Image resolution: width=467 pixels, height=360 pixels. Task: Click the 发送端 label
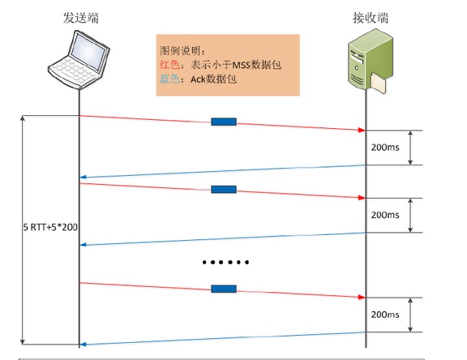click(81, 18)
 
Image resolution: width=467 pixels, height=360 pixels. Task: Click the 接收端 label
click(371, 18)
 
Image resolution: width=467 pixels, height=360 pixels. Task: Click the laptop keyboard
click(72, 71)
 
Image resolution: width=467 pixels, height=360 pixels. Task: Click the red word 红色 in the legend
click(169, 65)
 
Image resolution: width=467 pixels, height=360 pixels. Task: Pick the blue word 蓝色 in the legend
click(169, 79)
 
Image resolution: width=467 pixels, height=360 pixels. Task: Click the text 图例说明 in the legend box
click(180, 51)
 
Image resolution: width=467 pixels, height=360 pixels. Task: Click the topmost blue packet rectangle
click(224, 122)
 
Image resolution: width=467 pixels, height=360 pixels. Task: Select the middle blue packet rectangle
click(224, 190)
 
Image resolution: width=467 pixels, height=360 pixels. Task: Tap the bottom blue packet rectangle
click(224, 289)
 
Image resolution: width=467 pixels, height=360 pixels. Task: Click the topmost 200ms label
click(385, 148)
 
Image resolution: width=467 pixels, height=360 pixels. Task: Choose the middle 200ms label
click(385, 215)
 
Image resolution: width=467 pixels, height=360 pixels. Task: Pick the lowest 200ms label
click(385, 315)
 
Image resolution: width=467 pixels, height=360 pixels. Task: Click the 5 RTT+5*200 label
click(50, 227)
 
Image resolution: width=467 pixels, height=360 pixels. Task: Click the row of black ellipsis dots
click(225, 263)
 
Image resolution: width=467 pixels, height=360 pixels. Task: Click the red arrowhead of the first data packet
click(362, 130)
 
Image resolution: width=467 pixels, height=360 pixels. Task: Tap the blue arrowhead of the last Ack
click(83, 345)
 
